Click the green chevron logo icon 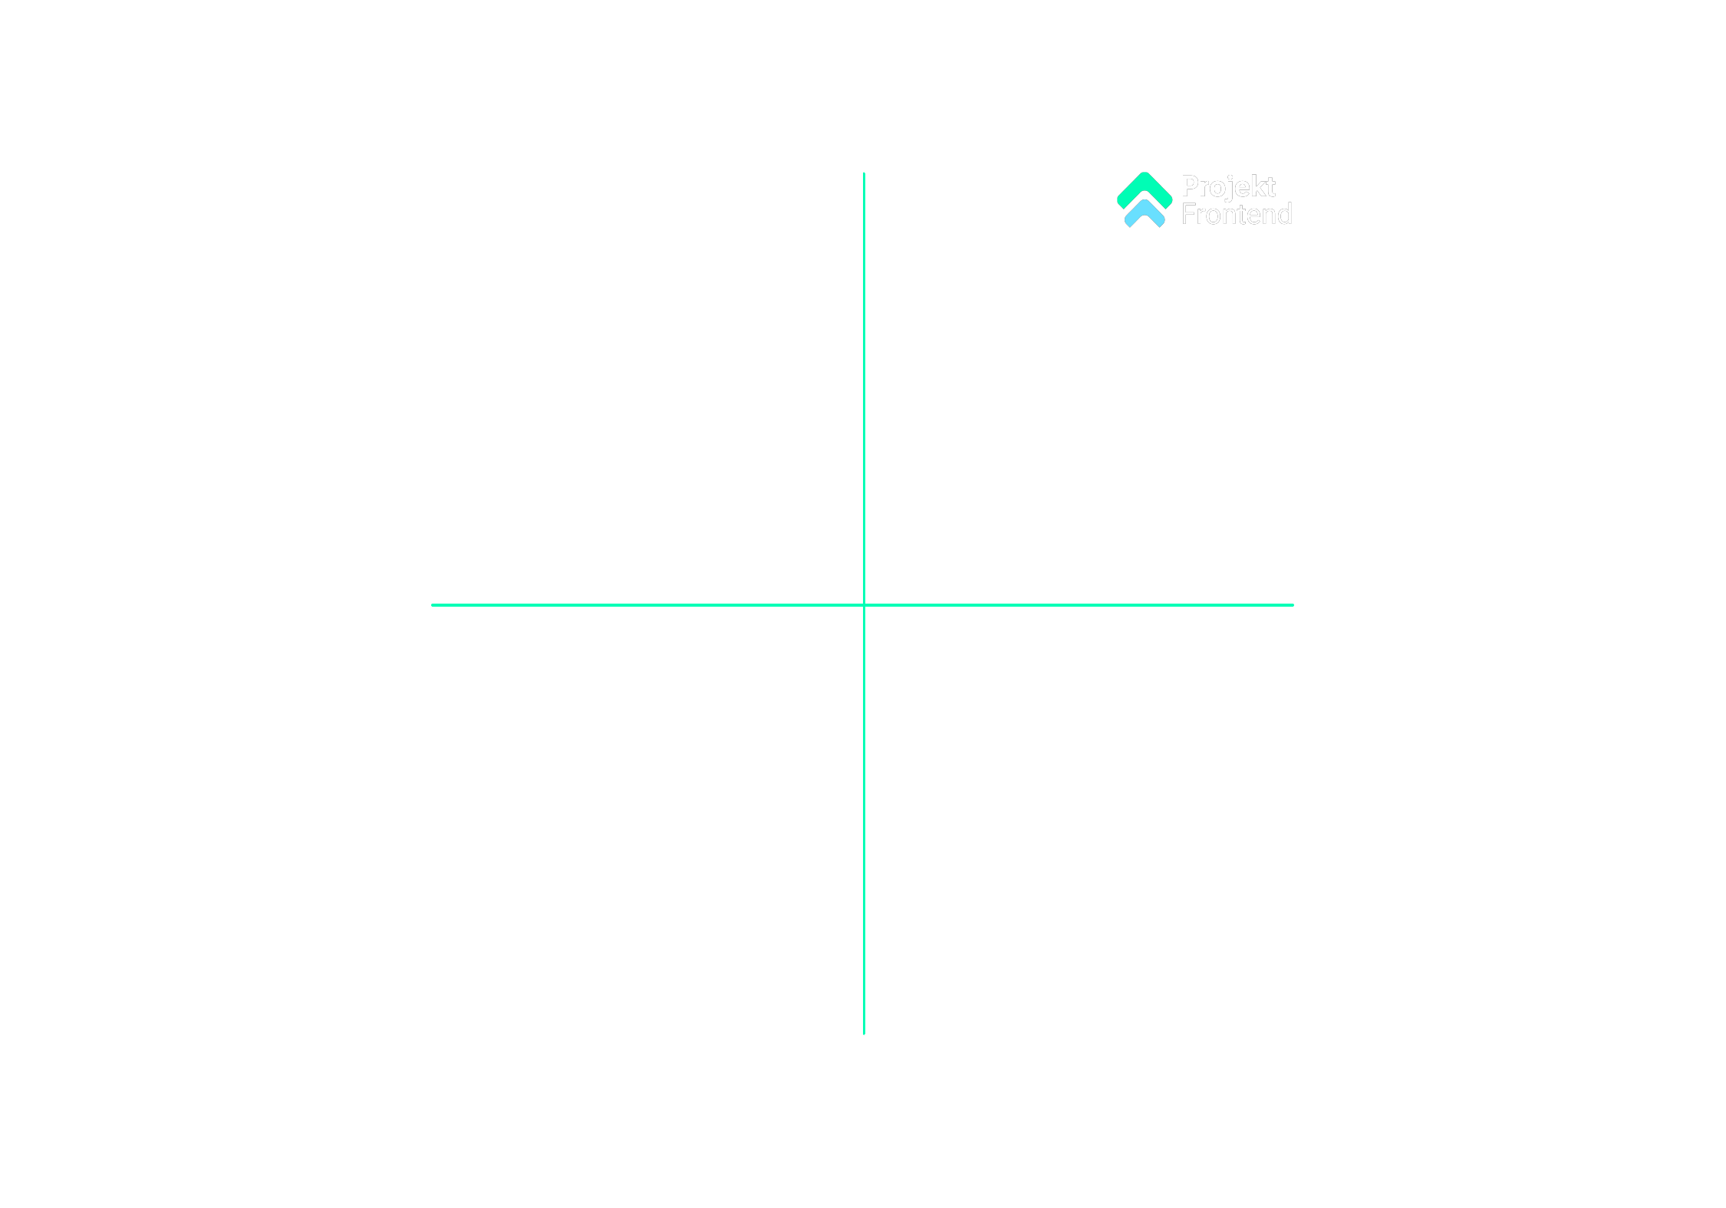[x=1144, y=199]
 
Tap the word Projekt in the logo [x=1227, y=186]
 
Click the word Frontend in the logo [x=1236, y=215]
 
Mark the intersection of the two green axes [x=864, y=605]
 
